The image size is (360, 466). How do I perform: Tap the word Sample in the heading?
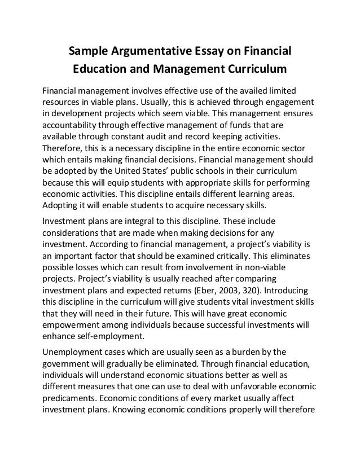click(87, 52)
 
